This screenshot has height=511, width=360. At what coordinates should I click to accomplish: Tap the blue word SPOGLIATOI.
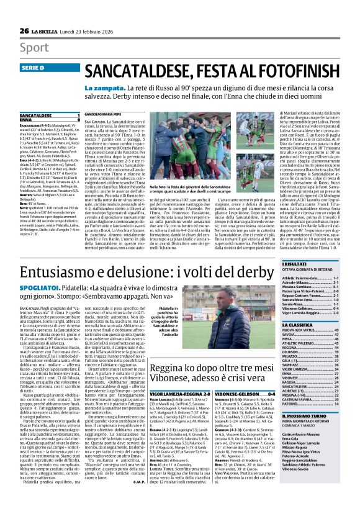point(39,289)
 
